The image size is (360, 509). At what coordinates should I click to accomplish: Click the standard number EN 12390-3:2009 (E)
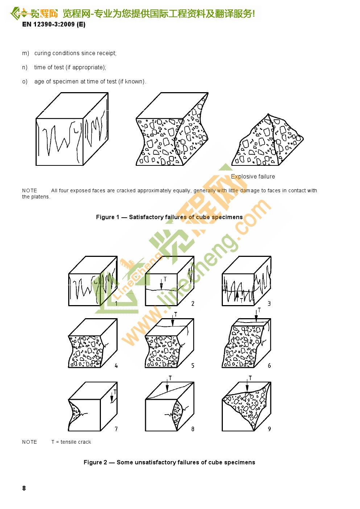(x=54, y=24)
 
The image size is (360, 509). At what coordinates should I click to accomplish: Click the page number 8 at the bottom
(x=24, y=488)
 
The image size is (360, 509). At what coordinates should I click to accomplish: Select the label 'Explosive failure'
(x=253, y=177)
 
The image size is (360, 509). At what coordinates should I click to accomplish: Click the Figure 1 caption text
(x=169, y=217)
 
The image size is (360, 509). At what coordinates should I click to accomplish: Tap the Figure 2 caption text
(x=169, y=462)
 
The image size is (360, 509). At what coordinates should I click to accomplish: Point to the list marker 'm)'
(x=25, y=53)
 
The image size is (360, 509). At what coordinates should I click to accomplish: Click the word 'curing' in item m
(x=42, y=53)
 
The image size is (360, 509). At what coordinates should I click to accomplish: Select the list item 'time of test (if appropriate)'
(x=70, y=67)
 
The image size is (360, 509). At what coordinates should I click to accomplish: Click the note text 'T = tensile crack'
(x=71, y=442)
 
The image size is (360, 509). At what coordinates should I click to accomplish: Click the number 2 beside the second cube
(x=193, y=304)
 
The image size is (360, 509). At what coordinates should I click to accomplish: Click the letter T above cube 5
(x=176, y=314)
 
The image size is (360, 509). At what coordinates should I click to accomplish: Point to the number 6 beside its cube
(x=269, y=366)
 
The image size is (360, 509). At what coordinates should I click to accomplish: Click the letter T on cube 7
(x=115, y=392)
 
